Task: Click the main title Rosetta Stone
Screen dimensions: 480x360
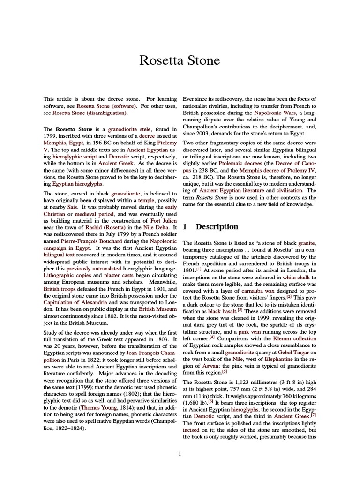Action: tap(180, 60)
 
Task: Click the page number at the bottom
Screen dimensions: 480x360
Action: tap(180, 453)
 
